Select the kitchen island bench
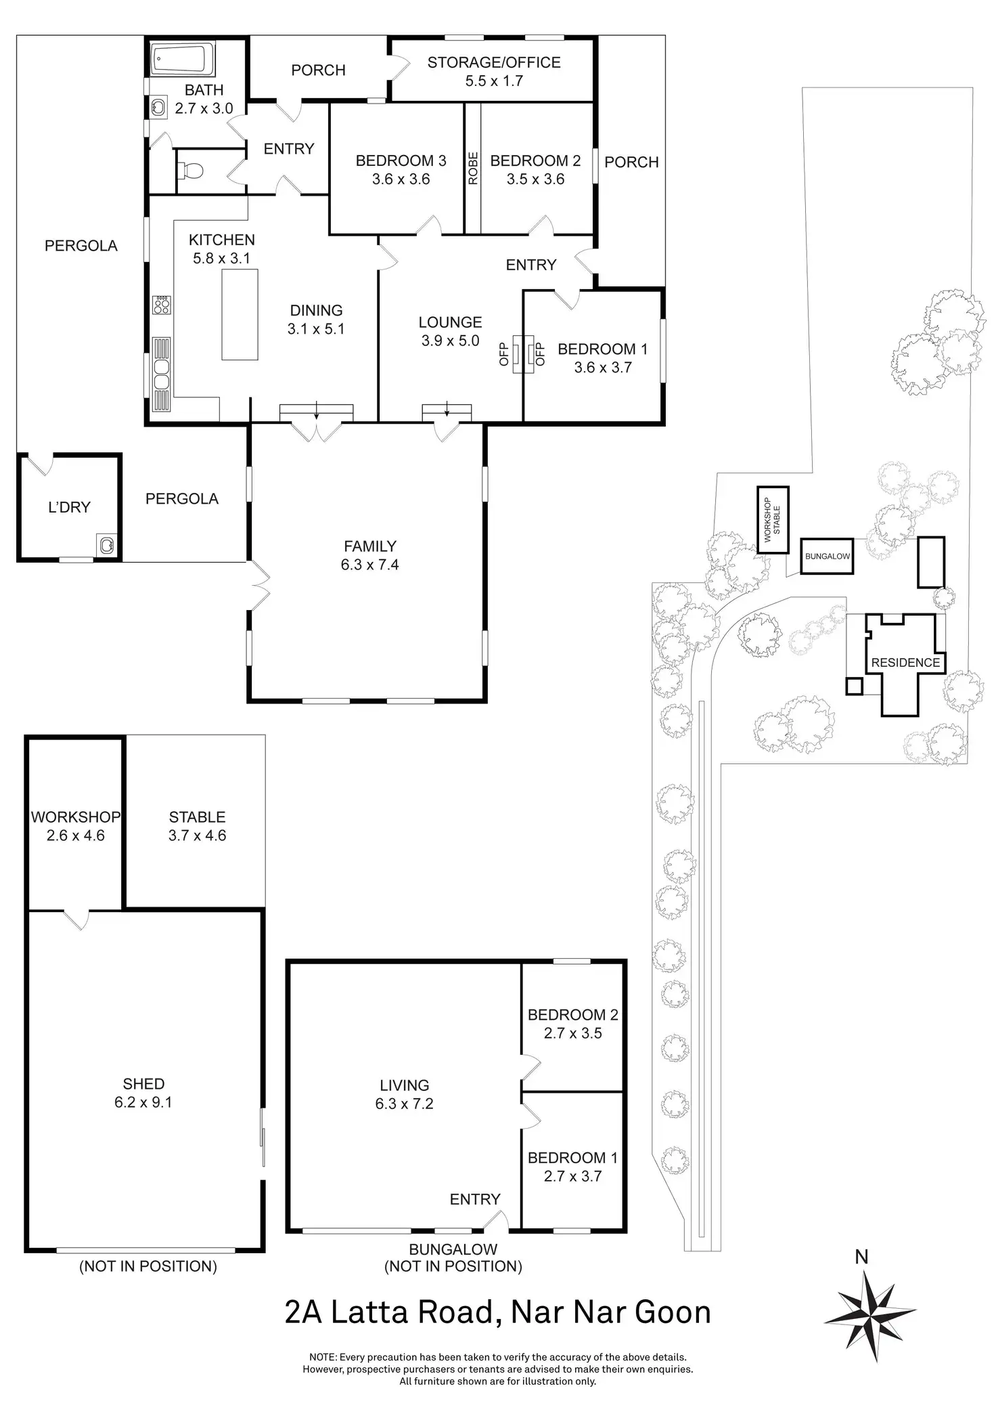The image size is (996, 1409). (240, 314)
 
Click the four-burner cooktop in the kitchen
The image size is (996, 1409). (162, 305)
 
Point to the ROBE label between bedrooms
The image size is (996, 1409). (473, 168)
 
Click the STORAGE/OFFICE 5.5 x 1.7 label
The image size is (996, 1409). (494, 72)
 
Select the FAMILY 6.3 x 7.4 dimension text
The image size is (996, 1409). (369, 555)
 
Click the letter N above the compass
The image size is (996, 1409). (861, 1257)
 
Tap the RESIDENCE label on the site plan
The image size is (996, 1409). (905, 663)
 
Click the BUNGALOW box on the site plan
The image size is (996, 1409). (827, 557)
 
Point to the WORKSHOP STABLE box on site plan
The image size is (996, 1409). (773, 520)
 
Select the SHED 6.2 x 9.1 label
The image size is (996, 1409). (143, 1093)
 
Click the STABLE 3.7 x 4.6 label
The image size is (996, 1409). (197, 826)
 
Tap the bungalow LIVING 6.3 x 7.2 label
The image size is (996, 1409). (404, 1095)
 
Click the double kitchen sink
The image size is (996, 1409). (162, 374)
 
